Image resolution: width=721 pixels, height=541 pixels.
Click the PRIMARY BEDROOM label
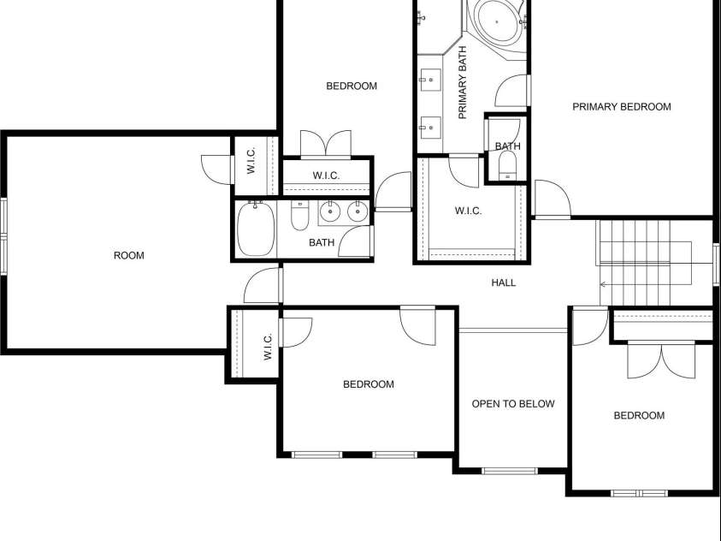(621, 107)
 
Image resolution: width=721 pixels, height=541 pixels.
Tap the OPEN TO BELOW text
(513, 404)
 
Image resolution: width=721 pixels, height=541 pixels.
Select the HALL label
(504, 282)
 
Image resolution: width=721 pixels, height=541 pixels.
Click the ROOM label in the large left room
(129, 255)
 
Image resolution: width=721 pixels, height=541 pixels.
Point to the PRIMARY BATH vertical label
(463, 82)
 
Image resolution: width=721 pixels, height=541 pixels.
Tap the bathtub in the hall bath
(254, 229)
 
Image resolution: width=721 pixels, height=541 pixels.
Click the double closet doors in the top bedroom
(326, 144)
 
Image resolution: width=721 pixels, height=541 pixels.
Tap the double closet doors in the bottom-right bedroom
(661, 360)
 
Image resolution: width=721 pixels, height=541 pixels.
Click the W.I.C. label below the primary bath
(468, 211)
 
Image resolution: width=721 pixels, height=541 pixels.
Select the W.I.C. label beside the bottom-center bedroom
(268, 346)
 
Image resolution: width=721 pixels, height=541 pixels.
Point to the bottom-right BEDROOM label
(639, 416)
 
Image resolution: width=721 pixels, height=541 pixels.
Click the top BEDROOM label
(352, 86)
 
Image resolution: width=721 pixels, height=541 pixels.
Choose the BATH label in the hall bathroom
(322, 242)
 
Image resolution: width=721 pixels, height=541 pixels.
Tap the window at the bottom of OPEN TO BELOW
(510, 470)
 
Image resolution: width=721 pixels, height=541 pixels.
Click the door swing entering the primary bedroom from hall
(552, 199)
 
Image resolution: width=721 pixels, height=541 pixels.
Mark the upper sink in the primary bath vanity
(428, 82)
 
